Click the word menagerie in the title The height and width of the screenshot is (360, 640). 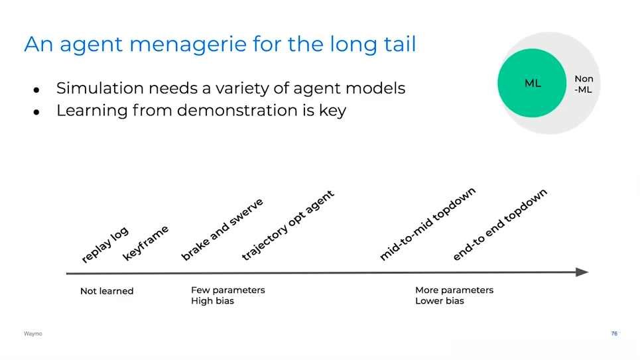(188, 44)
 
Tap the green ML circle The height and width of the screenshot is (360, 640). (532, 83)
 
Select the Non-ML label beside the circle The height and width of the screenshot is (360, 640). (584, 84)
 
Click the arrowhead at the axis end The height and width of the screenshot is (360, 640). (582, 272)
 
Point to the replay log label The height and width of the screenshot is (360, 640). (105, 244)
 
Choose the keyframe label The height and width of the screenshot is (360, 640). (145, 243)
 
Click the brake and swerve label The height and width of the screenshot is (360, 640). (222, 229)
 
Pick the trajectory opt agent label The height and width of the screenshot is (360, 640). (288, 225)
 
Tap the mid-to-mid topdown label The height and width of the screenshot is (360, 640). (427, 223)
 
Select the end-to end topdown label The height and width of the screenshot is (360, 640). (499, 225)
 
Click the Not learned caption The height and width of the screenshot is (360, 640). (107, 291)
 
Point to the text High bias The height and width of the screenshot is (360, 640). (213, 301)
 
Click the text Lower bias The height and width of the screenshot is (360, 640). (440, 301)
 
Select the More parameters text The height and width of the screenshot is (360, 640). (454, 290)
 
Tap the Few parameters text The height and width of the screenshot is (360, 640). (228, 290)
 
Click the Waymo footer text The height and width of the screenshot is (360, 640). (32, 333)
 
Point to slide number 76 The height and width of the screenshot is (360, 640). (614, 333)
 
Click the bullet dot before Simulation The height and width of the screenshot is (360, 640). (36, 90)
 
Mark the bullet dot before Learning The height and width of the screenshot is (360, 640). (36, 112)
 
